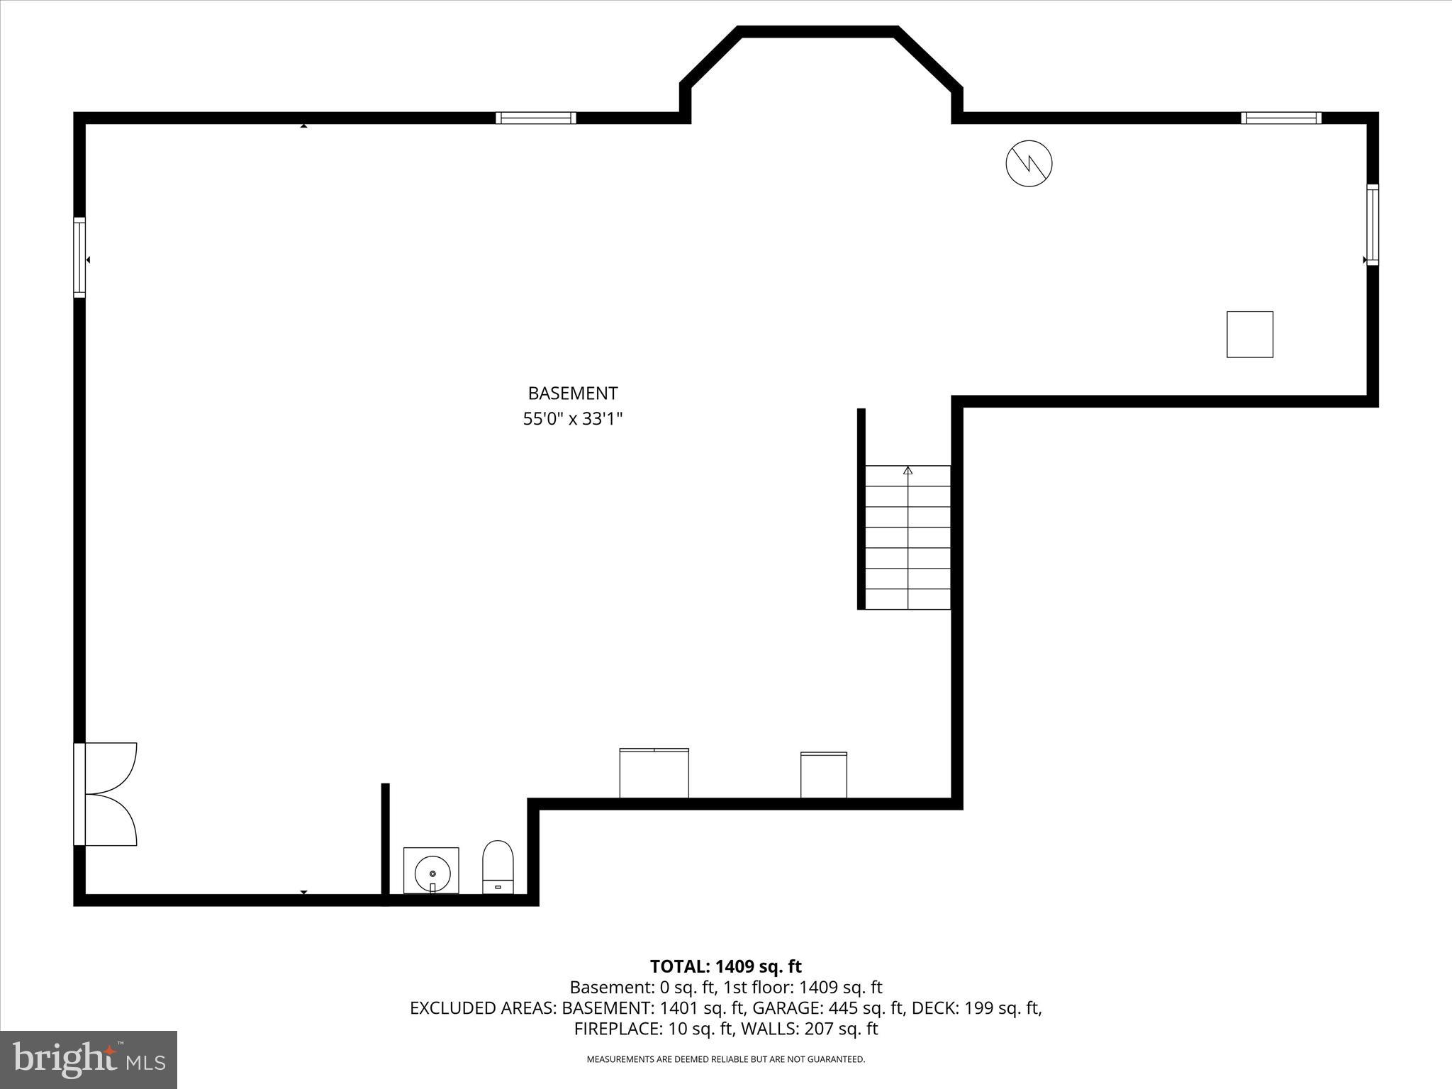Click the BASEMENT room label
tap(573, 393)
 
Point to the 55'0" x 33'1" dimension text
tap(573, 419)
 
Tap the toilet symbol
tap(498, 866)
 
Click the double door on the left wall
tap(106, 794)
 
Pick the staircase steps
tap(907, 537)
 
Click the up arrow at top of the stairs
tap(907, 471)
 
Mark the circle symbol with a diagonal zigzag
tap(1029, 164)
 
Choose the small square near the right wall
tap(1250, 334)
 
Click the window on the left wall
tap(79, 257)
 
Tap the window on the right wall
tap(1373, 225)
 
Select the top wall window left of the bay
tap(535, 118)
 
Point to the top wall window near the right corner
tap(1281, 118)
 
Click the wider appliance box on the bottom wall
tap(654, 773)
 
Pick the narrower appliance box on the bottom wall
tap(823, 775)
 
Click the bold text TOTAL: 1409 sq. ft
tap(725, 966)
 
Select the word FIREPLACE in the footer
tap(616, 1029)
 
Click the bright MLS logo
tap(89, 1059)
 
